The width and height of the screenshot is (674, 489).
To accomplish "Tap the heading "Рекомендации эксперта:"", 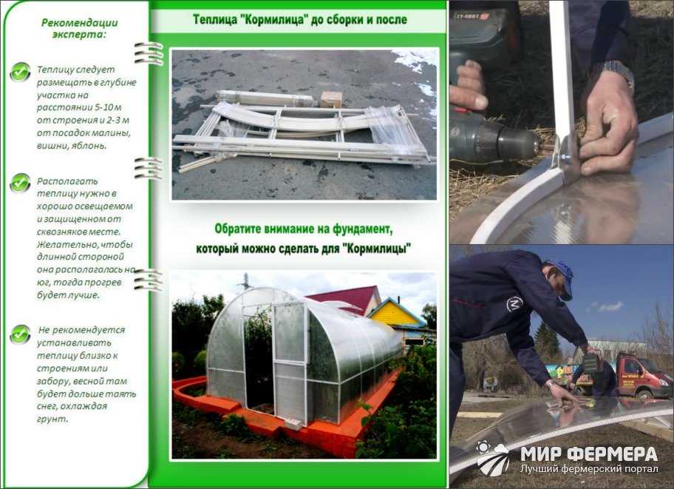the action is tap(80, 28).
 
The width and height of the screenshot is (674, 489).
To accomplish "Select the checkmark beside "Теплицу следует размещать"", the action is tap(20, 72).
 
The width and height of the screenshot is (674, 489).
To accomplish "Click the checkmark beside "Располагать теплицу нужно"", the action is tap(20, 183).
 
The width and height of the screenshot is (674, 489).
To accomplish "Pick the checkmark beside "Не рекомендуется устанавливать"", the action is tap(20, 334).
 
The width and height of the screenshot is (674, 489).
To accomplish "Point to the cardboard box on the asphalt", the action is tap(331, 99).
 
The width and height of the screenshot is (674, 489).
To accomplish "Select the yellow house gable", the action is tap(392, 315).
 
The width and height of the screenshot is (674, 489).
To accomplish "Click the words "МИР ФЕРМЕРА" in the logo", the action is tap(588, 453).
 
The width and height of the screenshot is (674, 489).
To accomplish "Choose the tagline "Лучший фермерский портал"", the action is tap(589, 468).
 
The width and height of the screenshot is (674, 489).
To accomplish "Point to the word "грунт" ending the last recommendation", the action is tap(52, 419).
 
